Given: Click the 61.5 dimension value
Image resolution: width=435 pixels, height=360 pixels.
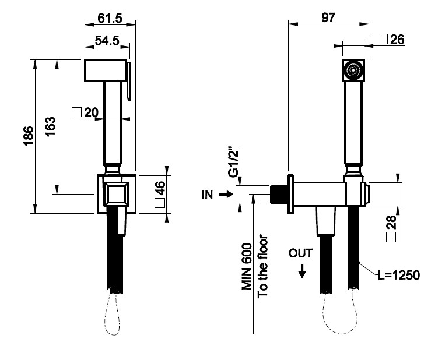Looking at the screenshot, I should [x=110, y=19].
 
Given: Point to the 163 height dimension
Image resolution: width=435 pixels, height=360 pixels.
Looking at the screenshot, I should [x=50, y=127].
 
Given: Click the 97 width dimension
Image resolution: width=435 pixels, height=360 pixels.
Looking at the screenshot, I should [x=328, y=17].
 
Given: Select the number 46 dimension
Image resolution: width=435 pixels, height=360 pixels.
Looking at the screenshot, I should [x=160, y=189].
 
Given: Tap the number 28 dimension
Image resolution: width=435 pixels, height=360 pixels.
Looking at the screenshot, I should [x=391, y=224].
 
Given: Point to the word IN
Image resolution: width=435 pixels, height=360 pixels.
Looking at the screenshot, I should [x=208, y=195].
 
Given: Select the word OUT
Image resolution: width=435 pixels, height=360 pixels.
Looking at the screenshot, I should [x=301, y=253].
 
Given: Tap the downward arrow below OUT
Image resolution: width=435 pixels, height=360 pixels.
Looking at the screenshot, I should [x=301, y=270].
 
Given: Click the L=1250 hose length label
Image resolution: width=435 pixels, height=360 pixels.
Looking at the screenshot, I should [x=398, y=276].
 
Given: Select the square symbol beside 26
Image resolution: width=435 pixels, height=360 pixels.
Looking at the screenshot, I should [x=383, y=39].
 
